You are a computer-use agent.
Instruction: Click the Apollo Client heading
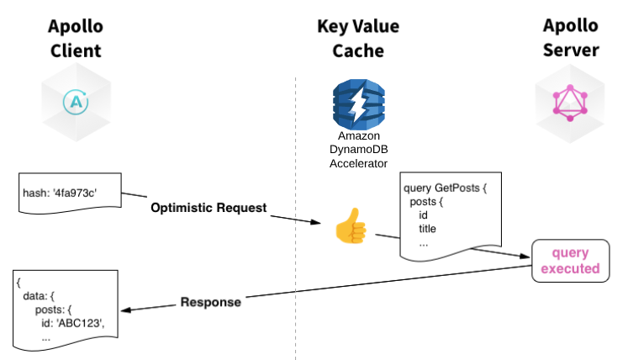[x=74, y=38]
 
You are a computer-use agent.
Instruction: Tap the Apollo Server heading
[x=571, y=38]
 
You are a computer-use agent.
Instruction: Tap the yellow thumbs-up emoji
[x=347, y=226]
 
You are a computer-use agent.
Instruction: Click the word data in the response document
[x=35, y=296]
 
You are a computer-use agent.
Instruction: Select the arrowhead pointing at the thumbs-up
[x=317, y=224]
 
